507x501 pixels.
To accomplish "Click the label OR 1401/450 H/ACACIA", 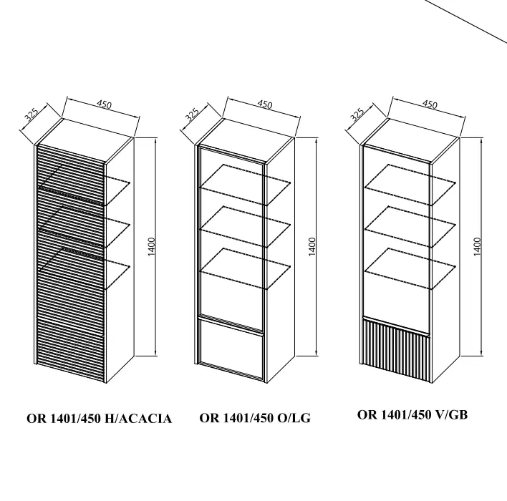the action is pos(99,419).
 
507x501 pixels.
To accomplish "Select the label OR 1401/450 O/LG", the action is pos(255,418).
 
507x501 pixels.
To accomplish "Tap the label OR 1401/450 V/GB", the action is pos(412,414).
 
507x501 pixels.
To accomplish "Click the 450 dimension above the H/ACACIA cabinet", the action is pos(104,104).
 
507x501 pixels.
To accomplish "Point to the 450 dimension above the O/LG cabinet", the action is pos(264,104).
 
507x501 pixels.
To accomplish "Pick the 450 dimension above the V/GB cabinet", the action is pos(430,104).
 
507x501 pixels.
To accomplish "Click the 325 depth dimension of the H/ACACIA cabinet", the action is pos(32,115).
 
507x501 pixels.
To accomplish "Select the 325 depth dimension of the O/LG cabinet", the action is pos(192,115).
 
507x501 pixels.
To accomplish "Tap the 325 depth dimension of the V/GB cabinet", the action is pos(357,115).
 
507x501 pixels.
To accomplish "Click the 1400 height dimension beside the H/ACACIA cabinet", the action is pos(152,247).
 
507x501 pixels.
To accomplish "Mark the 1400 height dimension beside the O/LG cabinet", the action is pos(312,247).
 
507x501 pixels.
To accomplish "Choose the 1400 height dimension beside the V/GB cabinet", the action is pos(477,247).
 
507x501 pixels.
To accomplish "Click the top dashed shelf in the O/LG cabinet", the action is pos(246,185).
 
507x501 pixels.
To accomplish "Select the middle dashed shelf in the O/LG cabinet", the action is pos(246,227).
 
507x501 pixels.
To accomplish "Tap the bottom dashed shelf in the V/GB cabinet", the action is pos(410,268).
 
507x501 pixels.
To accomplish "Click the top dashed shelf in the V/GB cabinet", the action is pos(410,185).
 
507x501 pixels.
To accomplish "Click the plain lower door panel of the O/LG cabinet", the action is pos(231,349).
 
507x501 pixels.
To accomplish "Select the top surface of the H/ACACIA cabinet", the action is pos(86,140).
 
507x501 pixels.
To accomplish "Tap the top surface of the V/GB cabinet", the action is pos(411,140).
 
